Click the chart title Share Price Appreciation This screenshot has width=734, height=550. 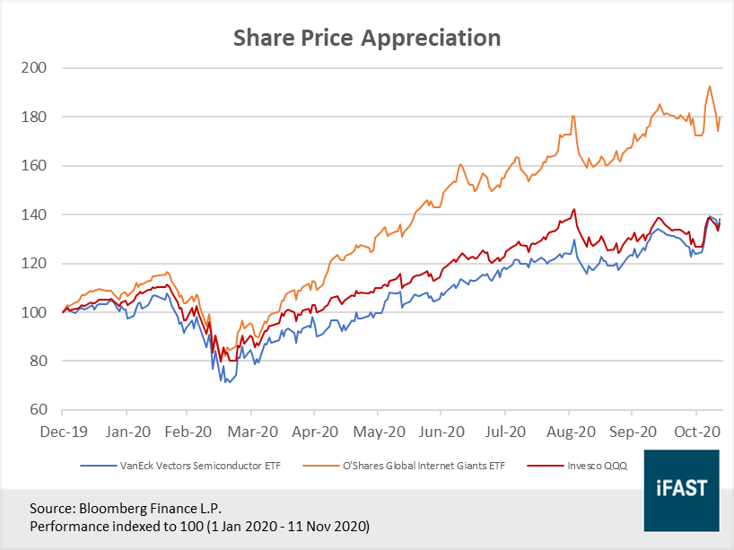pyautogui.click(x=366, y=38)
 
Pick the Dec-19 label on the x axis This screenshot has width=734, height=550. pyautogui.click(x=63, y=431)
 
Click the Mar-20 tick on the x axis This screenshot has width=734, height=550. pyautogui.click(x=252, y=431)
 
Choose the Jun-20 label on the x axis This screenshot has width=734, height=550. pyautogui.click(x=441, y=431)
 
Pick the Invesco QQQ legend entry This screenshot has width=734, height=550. pyautogui.click(x=597, y=467)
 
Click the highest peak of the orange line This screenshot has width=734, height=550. pyautogui.click(x=710, y=86)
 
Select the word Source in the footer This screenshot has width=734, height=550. pyautogui.click(x=52, y=507)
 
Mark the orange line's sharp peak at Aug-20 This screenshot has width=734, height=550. pyautogui.click(x=572, y=116)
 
